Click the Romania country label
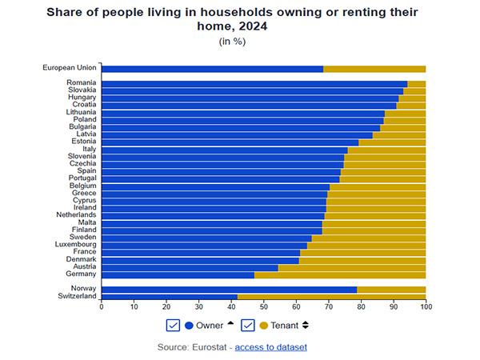82,83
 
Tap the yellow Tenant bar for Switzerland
331,296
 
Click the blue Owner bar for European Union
212,69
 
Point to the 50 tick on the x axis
264,306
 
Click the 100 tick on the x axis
426,306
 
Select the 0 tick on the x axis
102,306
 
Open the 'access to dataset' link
270,347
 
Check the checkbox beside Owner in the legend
172,325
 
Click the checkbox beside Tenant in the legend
248,325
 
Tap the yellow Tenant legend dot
263,325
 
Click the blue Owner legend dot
189,325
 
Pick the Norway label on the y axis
83,289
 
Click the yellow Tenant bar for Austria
352,267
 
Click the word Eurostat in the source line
209,347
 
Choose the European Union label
70,69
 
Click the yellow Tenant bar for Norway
391,289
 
